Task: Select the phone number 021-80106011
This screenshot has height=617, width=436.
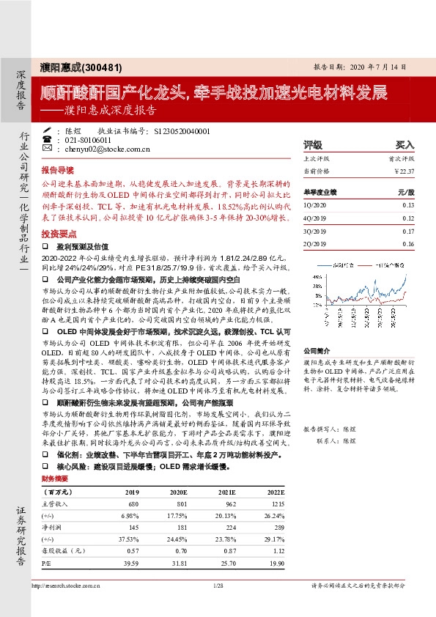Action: (89, 140)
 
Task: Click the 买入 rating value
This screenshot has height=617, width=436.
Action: (404, 145)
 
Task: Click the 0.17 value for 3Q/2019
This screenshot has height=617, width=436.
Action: (408, 231)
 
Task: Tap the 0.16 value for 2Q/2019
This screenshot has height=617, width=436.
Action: (408, 244)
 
